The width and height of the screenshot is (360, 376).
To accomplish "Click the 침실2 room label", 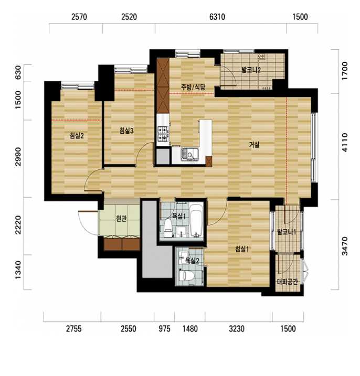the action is [x=77, y=136].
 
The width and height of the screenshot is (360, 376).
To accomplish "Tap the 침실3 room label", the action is [x=126, y=131].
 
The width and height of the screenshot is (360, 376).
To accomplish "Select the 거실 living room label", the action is [x=254, y=145].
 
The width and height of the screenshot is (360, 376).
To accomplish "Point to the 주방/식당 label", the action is [x=193, y=87].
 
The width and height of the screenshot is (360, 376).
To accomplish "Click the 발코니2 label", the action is [x=251, y=70].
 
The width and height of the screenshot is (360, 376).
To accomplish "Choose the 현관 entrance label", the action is [x=121, y=219].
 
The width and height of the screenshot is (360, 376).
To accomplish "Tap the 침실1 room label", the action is [x=242, y=249].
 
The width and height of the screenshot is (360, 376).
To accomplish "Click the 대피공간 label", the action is [x=288, y=281].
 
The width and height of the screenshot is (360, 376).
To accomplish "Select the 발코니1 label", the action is [x=287, y=232].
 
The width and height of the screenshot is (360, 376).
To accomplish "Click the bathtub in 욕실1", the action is [x=197, y=221].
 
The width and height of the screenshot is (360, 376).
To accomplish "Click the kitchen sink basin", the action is [x=189, y=154].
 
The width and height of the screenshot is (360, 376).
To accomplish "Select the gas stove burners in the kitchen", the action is [x=163, y=134].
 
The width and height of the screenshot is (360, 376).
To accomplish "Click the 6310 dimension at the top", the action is [x=217, y=17].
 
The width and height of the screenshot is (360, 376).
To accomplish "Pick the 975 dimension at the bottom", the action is [x=165, y=329].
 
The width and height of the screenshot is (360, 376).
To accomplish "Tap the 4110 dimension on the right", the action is [x=345, y=142].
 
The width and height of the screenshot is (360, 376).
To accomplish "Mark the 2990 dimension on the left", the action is [x=18, y=157].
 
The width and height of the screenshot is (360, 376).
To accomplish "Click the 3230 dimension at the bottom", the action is [x=237, y=329].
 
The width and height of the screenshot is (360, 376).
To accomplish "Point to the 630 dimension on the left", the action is [x=18, y=72].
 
